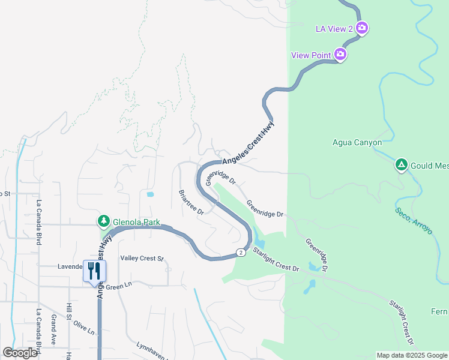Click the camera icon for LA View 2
362,28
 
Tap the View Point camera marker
340,55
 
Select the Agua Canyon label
357,143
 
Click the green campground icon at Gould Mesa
401,164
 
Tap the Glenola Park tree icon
104,221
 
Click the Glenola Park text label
136,223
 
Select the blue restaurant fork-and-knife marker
94,271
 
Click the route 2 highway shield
240,252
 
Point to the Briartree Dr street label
191,203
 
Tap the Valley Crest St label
142,259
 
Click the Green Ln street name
119,287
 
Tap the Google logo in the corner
20,353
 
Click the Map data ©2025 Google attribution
412,355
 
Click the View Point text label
311,55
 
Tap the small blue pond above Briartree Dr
149,194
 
